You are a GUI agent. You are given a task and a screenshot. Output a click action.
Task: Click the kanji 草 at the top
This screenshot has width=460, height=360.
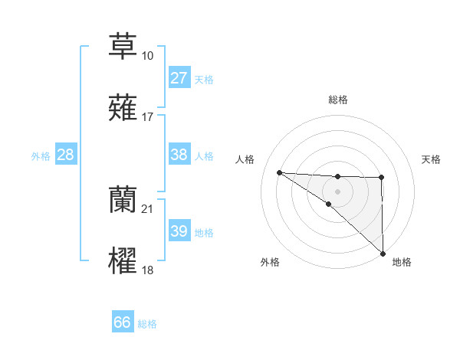pos(123,45)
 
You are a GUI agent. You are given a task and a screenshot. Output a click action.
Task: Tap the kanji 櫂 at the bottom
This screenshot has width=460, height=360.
pos(123,261)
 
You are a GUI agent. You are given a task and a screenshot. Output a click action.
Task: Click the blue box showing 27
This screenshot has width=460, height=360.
pos(179,78)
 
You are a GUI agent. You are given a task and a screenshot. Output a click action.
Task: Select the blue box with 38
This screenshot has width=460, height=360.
pos(179,155)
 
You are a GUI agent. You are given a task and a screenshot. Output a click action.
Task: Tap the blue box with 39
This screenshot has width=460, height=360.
pos(179,231)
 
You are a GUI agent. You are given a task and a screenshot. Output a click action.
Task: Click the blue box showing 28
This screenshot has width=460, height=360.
pos(65,155)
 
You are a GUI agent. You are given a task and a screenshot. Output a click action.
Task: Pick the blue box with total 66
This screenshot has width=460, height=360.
pos(123,322)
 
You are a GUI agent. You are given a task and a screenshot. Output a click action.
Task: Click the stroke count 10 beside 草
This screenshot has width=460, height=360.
pos(147,55)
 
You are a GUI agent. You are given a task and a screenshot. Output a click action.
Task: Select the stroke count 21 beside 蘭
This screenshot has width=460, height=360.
pos(147,209)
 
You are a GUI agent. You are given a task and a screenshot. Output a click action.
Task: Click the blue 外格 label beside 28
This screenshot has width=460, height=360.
pos(41,156)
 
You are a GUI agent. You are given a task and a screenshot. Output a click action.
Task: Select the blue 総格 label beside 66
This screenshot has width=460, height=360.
pos(147,324)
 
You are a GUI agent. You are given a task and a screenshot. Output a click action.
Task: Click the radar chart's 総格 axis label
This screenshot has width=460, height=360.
pos(337,100)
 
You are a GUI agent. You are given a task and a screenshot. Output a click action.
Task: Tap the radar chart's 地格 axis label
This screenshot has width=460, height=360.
pos(402,262)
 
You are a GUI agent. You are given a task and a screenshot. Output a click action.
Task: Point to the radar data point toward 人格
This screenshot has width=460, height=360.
pos(279,172)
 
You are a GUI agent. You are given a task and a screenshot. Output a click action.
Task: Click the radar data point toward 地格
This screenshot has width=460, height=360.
pos(382,254)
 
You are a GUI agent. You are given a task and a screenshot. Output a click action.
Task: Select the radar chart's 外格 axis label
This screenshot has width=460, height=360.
pos(270,262)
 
